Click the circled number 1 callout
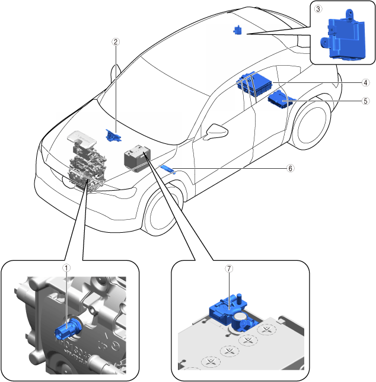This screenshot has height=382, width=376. point(67,268)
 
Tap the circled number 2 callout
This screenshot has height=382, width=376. point(116,42)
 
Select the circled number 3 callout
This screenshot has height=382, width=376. point(318,9)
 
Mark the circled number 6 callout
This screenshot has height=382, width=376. point(290,168)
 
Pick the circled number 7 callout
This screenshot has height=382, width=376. point(229,268)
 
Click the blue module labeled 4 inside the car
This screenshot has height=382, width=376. point(256,82)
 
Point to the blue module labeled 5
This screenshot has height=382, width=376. point(279,99)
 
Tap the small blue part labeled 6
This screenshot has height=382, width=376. point(168,169)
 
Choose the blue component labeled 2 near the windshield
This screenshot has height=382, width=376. point(111,135)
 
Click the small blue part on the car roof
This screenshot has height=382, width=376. point(237,30)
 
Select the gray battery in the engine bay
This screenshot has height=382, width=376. point(136,158)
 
